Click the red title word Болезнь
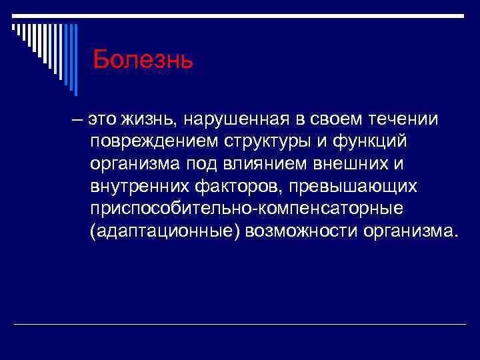(143, 60)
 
